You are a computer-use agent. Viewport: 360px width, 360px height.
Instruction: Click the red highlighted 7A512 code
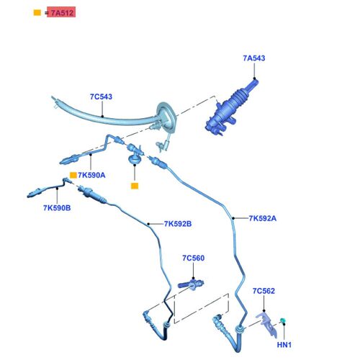61,12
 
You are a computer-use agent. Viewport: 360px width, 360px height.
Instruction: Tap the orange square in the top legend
37,12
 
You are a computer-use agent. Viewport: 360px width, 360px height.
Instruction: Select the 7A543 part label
254,58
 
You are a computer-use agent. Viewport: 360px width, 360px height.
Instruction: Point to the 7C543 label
101,96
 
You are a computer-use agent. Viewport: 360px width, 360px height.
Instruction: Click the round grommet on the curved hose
167,117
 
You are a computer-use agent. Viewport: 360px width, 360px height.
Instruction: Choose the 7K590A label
91,175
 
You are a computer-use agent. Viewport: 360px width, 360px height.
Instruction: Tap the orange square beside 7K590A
73,175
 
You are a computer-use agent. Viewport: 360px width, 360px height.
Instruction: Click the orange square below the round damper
135,186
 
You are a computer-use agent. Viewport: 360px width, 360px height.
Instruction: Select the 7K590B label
57,208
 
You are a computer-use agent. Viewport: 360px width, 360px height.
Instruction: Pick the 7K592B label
178,224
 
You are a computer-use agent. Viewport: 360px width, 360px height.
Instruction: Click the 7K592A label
263,218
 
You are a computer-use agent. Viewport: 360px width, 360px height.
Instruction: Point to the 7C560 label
194,258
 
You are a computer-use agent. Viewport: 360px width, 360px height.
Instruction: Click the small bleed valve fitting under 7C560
192,284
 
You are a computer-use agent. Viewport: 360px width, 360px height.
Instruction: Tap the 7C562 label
264,291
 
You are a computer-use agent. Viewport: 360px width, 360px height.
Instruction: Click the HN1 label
284,345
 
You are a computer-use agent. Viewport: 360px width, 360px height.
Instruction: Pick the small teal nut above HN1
282,320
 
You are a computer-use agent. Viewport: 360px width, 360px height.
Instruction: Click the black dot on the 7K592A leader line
233,218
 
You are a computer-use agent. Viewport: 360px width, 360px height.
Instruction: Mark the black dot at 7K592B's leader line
148,224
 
